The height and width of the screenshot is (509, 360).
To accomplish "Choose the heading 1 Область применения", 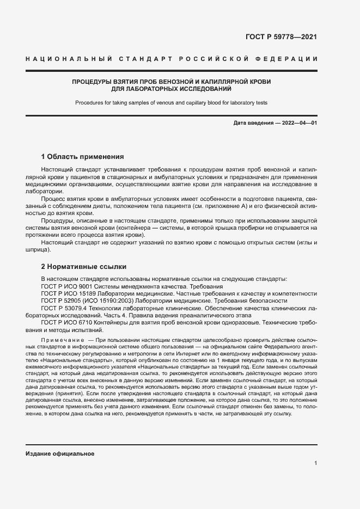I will (x=83, y=156).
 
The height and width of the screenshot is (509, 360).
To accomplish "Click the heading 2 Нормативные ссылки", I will (x=84, y=267).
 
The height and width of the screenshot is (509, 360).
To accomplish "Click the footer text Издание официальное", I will (x=60, y=453).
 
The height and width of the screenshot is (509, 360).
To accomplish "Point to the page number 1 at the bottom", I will (x=315, y=463).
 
